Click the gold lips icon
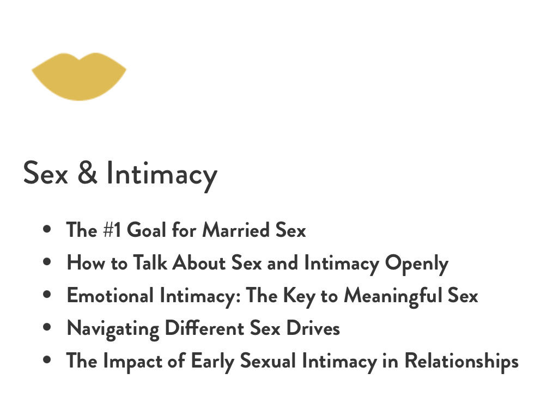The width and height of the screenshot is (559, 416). tap(79, 77)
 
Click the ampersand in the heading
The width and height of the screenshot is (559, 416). tap(87, 173)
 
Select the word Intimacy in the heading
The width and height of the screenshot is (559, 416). tap(162, 175)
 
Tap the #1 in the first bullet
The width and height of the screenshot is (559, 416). tap(112, 230)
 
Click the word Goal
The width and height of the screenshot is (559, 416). tap(147, 230)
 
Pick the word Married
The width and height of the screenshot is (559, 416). tap(236, 230)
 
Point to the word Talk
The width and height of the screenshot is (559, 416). tap(150, 262)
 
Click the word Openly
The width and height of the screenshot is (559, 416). tap(416, 265)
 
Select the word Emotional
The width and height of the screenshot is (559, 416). tap(110, 295)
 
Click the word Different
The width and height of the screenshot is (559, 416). tap(204, 328)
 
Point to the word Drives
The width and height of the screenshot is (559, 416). tap(313, 328)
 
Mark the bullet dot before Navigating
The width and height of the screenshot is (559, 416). tap(47, 327)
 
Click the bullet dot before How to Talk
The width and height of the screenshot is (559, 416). tap(47, 261)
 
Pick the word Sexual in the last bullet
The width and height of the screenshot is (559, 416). tap(268, 361)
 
